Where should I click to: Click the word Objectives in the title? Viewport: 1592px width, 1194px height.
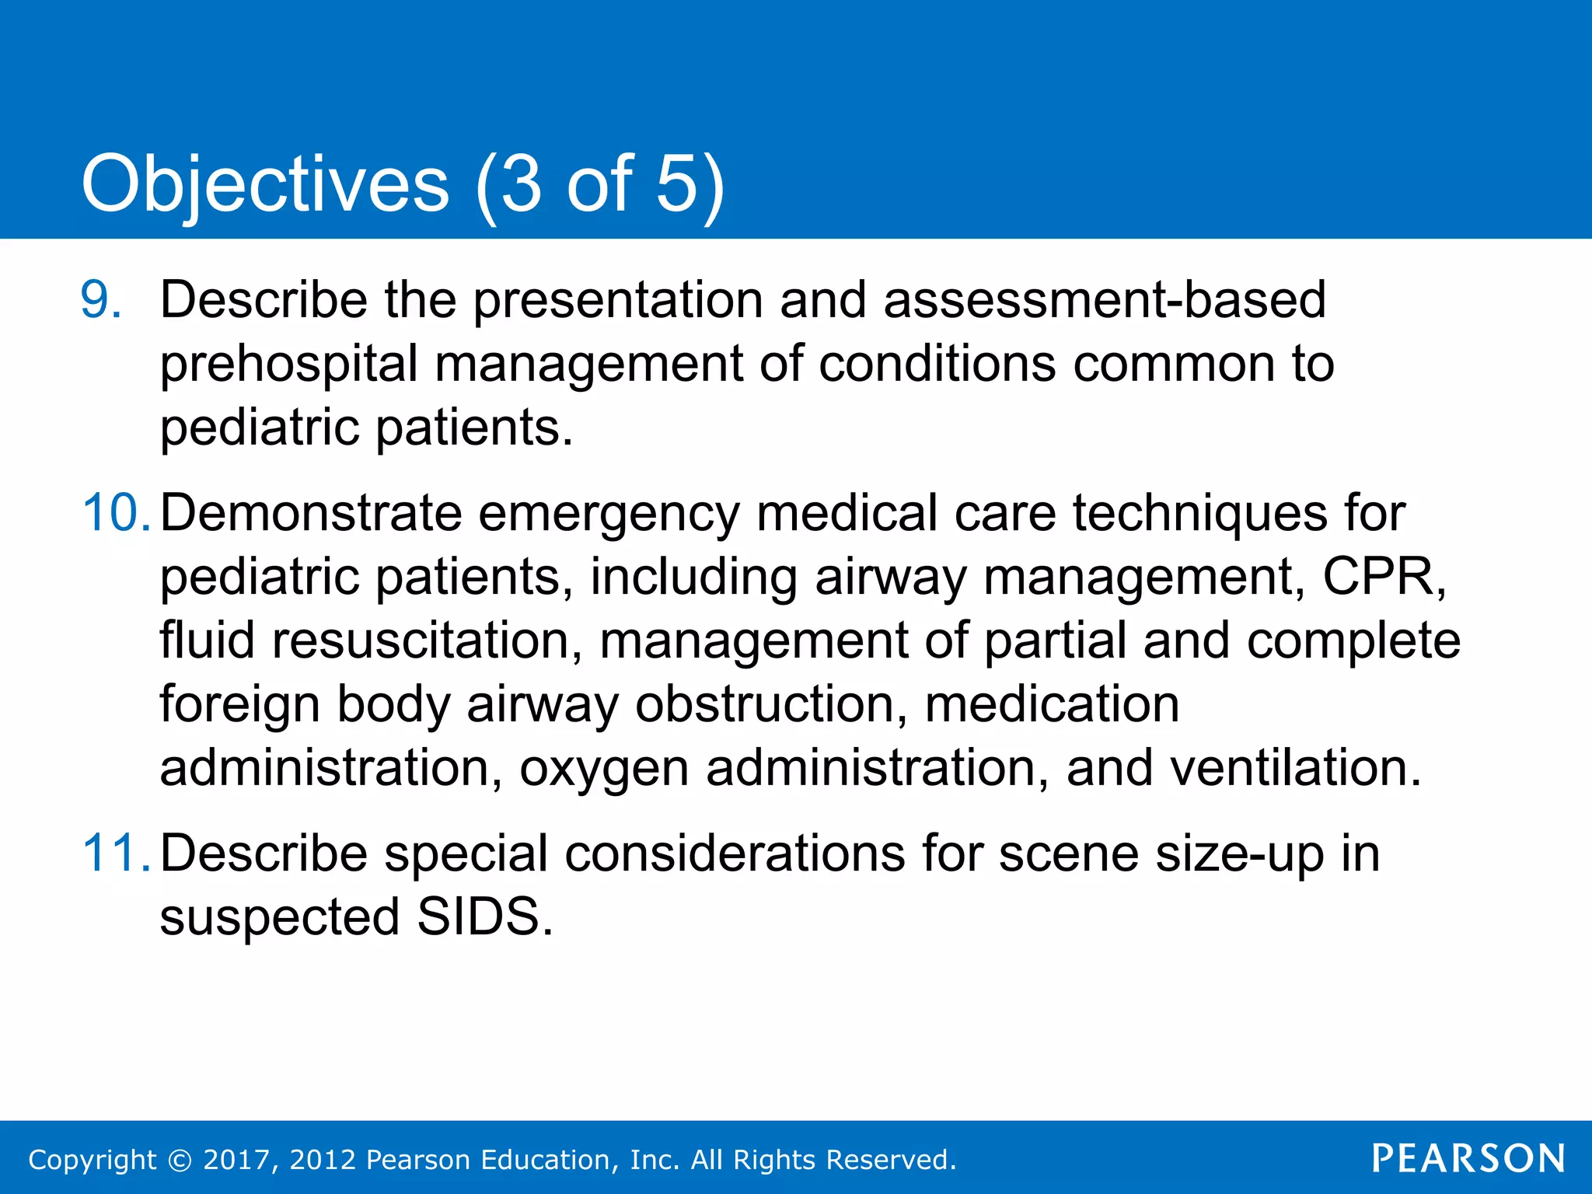pos(265,185)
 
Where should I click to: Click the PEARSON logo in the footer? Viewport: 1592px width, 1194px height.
pos(1468,1159)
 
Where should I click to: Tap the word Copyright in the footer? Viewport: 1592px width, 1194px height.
pos(92,1160)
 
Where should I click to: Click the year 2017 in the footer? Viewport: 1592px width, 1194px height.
pos(236,1160)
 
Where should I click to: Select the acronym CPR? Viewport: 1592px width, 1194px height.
pos(1384,577)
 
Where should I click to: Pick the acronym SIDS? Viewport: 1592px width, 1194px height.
pos(478,917)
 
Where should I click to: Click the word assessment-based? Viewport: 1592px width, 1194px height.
pos(1105,300)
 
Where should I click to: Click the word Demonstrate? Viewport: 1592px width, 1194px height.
pos(310,513)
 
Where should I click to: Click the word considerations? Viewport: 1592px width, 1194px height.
pos(735,854)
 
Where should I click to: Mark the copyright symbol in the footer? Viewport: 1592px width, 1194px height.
pos(180,1160)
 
